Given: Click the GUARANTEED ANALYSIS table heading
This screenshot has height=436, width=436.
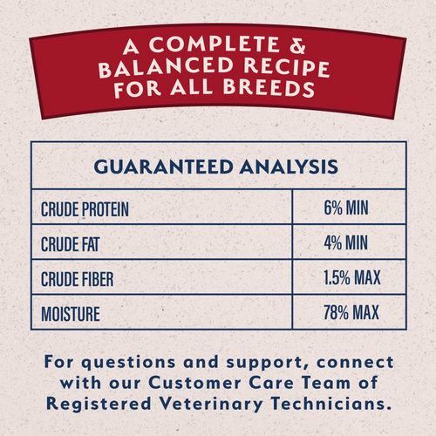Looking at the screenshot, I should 215,165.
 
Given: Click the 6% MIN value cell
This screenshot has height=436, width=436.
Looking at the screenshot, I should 347,210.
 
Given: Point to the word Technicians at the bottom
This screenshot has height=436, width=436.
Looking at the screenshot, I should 327,404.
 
